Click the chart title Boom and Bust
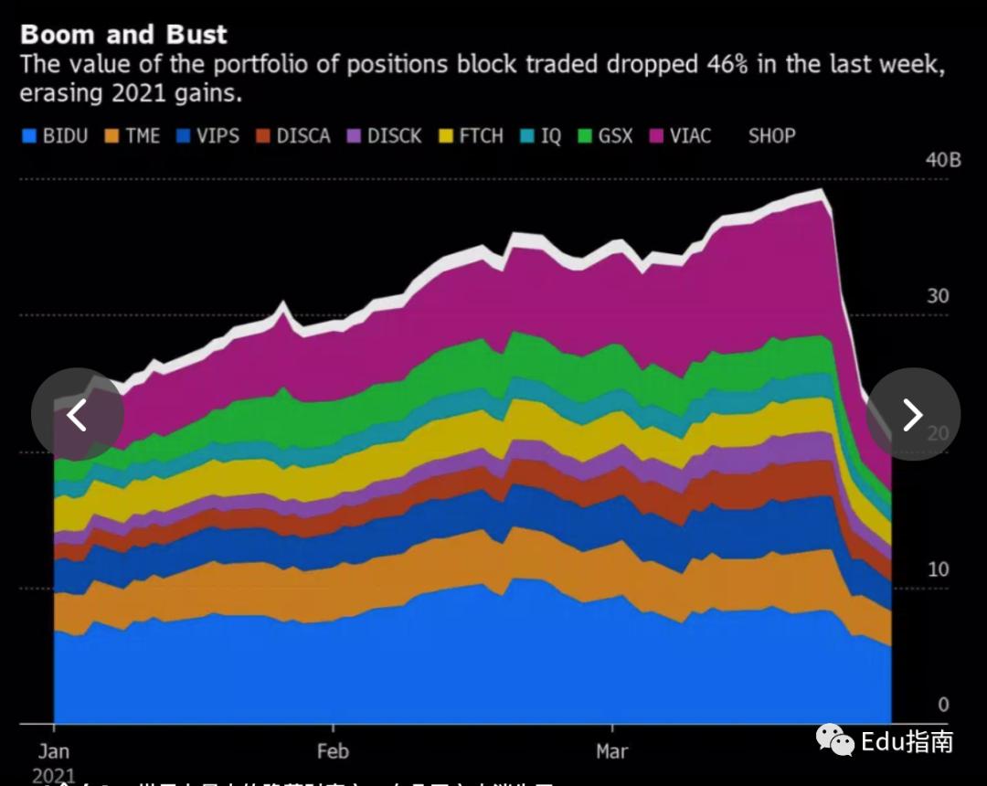(123, 35)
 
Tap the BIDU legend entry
(55, 136)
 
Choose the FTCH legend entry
(471, 136)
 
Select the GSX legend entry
(605, 136)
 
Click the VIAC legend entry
(680, 136)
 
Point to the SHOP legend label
(771, 136)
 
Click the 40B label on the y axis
(943, 160)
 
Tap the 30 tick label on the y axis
(938, 296)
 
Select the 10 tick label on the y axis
(938, 568)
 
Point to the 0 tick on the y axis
(943, 705)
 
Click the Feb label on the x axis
(333, 751)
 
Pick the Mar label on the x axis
(611, 751)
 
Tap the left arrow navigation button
(77, 414)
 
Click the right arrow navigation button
(912, 414)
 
